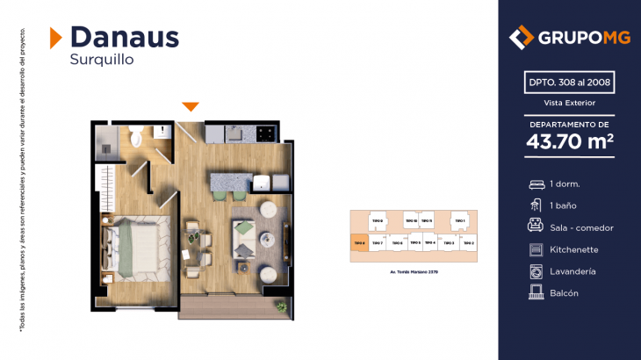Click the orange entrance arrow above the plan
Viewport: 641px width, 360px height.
click(191, 107)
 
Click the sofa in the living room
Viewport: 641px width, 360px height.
click(244, 236)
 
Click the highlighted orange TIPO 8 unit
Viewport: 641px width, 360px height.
click(358, 242)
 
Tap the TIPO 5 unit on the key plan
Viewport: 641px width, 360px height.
click(414, 242)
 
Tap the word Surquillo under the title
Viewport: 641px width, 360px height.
click(100, 61)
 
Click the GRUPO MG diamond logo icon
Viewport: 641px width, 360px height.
click(522, 38)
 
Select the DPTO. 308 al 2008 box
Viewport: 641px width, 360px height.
click(569, 83)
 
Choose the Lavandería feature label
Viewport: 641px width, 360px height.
click(573, 271)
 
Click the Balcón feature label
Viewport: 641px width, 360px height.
click(564, 293)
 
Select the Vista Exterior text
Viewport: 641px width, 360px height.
click(569, 103)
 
